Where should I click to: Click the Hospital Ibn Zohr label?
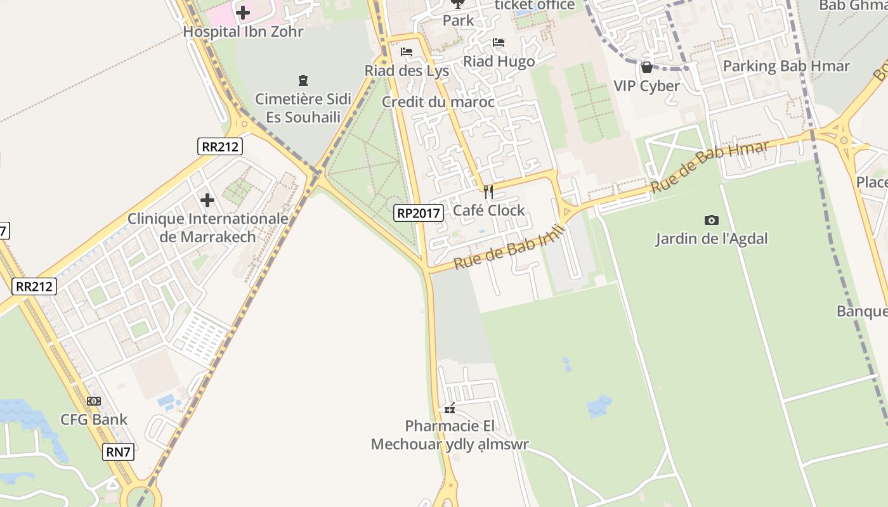[x=243, y=31]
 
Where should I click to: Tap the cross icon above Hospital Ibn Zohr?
[x=243, y=12]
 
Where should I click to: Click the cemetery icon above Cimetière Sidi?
[x=303, y=80]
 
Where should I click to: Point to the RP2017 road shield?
[x=418, y=213]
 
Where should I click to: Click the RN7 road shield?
[x=119, y=452]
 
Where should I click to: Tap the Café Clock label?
[x=488, y=210]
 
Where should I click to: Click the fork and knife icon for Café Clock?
[x=488, y=191]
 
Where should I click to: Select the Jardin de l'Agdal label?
[x=711, y=239]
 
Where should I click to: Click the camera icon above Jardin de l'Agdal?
[x=712, y=220]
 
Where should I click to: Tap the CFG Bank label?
[x=94, y=420]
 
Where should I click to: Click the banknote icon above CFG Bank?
[x=94, y=401]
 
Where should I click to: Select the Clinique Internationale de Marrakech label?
[x=208, y=228]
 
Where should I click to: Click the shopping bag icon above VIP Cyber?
[x=646, y=67]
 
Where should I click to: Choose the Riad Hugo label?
[x=499, y=61]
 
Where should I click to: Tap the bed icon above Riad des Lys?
[x=407, y=52]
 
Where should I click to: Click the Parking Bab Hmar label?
[x=786, y=66]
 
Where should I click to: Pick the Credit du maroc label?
[x=438, y=102]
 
